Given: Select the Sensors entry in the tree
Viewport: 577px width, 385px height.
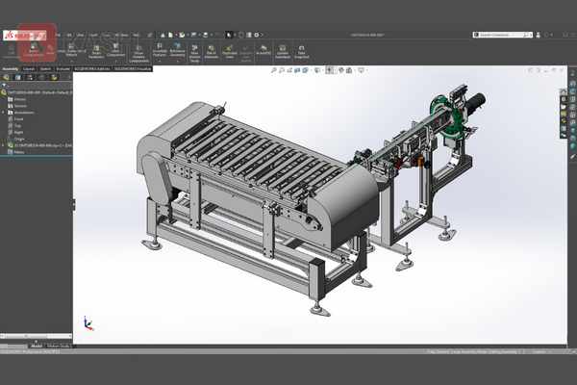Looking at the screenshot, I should (x=21, y=106).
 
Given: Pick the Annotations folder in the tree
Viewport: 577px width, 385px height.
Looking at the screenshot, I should (x=24, y=113).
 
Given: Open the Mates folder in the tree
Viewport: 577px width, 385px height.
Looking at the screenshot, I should (x=19, y=152).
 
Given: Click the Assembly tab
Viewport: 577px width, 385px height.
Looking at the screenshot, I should (x=11, y=69).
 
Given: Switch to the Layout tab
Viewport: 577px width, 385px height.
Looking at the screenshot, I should (x=29, y=69).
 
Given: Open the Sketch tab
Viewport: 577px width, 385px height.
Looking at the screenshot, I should (x=45, y=69).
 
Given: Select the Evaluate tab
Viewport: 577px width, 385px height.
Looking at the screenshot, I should (x=63, y=69).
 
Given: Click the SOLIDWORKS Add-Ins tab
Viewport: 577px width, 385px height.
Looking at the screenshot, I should (x=95, y=69).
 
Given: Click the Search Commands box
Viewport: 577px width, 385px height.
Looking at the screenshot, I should (x=500, y=35).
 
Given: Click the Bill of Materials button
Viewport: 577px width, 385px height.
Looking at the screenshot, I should (x=211, y=49).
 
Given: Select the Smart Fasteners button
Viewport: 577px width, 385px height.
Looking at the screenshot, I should (x=97, y=49).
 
